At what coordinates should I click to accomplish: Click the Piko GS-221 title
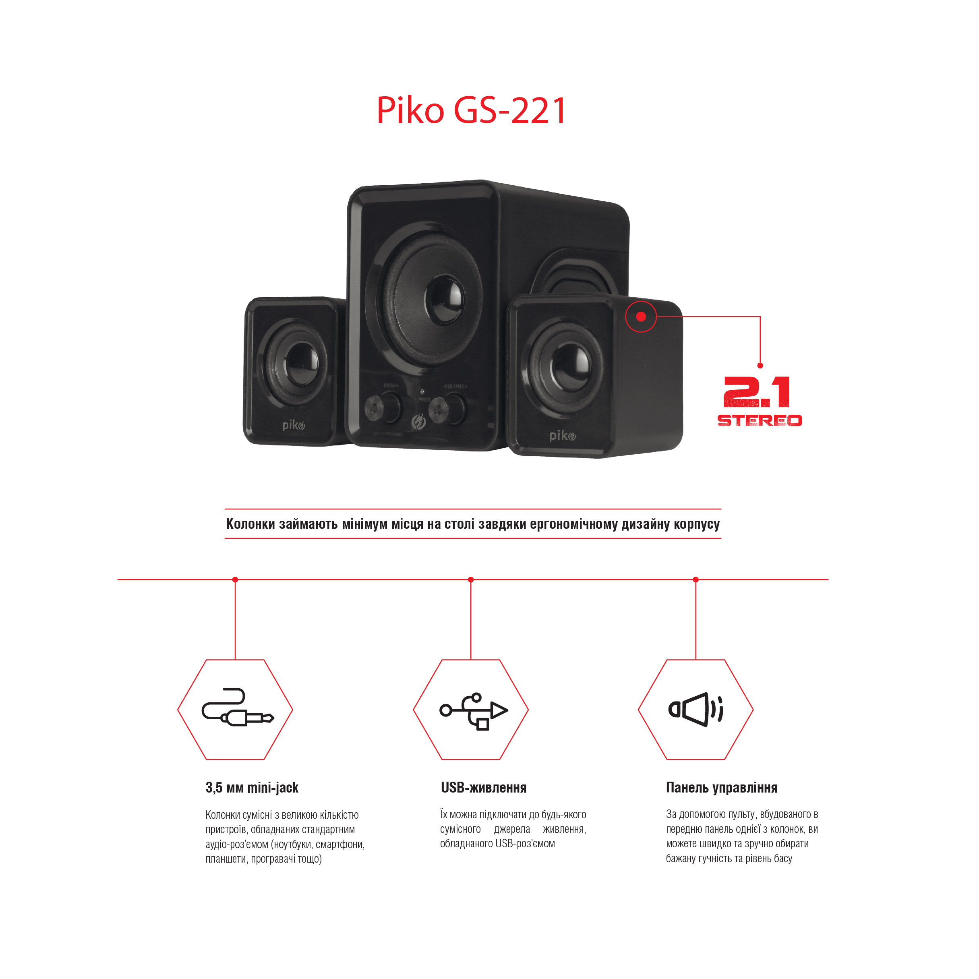(471, 110)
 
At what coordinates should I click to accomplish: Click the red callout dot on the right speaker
(641, 317)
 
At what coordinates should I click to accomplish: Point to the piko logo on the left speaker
(294, 425)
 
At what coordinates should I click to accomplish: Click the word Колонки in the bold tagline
(251, 524)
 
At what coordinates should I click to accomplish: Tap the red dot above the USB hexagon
(471, 580)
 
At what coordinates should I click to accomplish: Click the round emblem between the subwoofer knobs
(418, 422)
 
